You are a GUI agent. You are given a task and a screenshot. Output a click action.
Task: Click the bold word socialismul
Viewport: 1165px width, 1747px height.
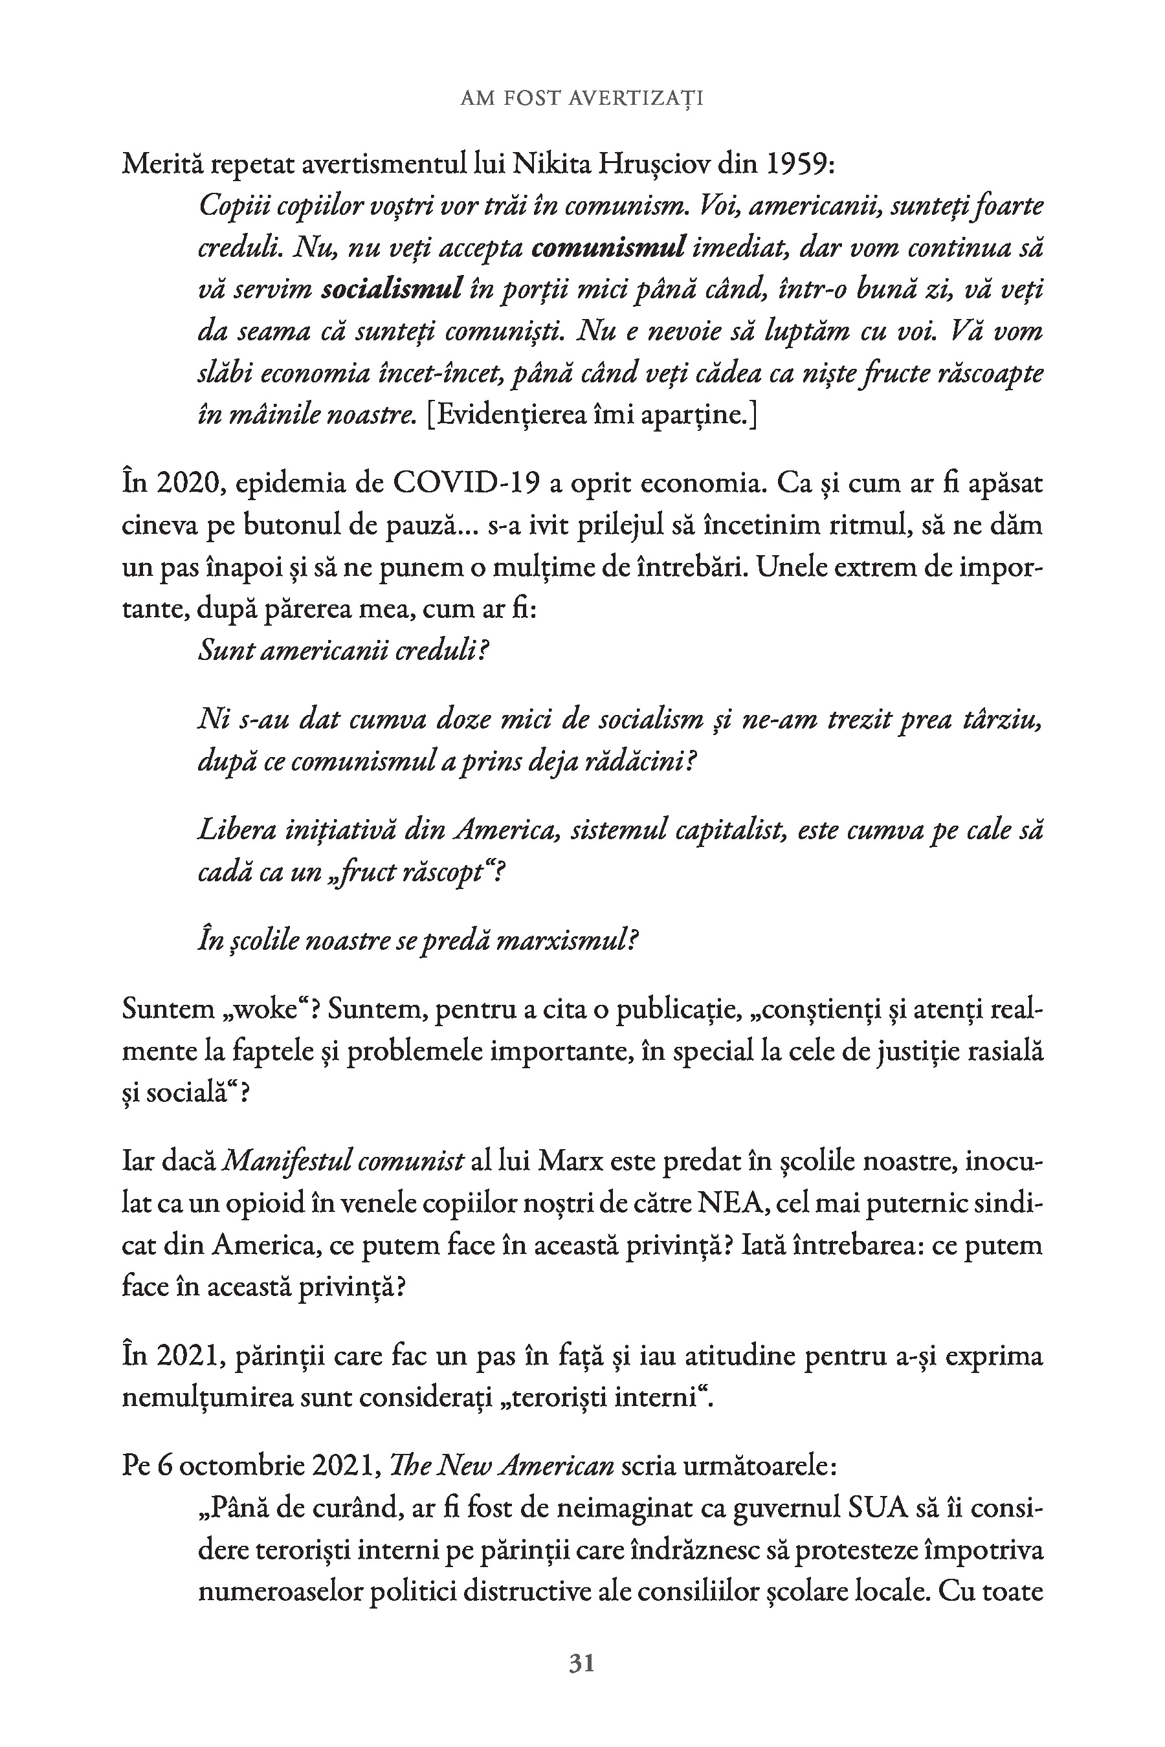(x=392, y=289)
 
